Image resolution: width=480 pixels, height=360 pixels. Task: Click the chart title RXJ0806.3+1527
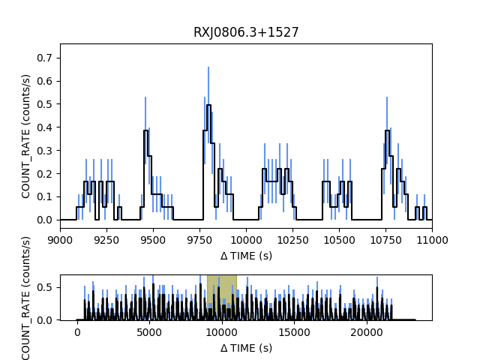(x=246, y=32)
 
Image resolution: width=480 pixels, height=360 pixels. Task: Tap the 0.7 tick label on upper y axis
(x=46, y=58)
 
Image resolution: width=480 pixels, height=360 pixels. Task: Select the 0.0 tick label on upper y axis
(x=46, y=220)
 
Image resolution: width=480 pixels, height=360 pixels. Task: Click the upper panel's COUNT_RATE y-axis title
(x=26, y=136)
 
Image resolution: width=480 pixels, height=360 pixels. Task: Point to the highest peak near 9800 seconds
(x=208, y=105)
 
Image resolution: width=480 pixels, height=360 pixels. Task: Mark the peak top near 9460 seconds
(x=145, y=130)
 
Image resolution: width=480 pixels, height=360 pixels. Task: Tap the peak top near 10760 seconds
(x=387, y=130)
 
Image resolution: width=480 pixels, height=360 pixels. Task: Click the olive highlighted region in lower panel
(x=221, y=297)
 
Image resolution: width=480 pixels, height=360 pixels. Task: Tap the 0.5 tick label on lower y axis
(x=46, y=287)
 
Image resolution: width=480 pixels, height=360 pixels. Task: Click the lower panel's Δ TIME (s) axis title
(x=246, y=347)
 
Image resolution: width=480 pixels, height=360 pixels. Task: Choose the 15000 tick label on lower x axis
(x=294, y=331)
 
